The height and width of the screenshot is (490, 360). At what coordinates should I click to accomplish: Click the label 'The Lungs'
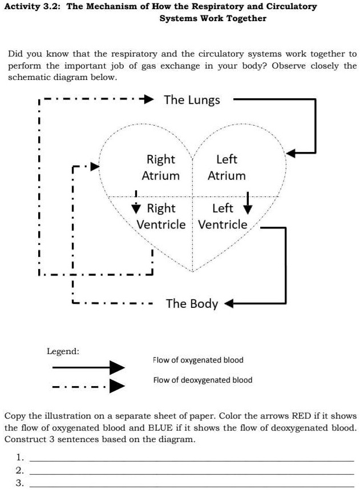pyautogui.click(x=192, y=100)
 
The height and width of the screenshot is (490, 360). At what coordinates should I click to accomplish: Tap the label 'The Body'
pyautogui.click(x=192, y=303)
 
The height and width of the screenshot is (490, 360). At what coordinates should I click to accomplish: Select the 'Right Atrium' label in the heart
pyautogui.click(x=160, y=167)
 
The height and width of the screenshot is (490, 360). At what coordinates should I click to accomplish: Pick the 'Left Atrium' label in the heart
pyautogui.click(x=226, y=167)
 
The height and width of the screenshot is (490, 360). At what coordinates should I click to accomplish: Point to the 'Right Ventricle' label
pyautogui.click(x=161, y=216)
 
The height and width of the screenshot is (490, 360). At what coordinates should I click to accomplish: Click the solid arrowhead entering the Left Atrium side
pyautogui.click(x=291, y=153)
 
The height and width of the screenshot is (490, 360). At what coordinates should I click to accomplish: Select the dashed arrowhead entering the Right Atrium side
pyautogui.click(x=95, y=166)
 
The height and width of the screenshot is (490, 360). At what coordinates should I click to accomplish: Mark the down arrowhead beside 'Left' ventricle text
pyautogui.click(x=248, y=206)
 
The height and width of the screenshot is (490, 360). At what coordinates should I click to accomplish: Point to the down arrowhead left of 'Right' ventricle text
pyautogui.click(x=137, y=207)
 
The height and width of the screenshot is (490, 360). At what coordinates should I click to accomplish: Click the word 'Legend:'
pyautogui.click(x=63, y=351)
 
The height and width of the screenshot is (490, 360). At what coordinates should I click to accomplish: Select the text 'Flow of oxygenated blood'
pyautogui.click(x=198, y=360)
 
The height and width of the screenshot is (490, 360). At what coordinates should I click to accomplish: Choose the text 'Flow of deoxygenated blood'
pyautogui.click(x=203, y=380)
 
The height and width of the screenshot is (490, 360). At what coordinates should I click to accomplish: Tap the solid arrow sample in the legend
pyautogui.click(x=88, y=367)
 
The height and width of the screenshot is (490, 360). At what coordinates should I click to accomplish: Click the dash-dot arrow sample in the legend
pyautogui.click(x=88, y=387)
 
